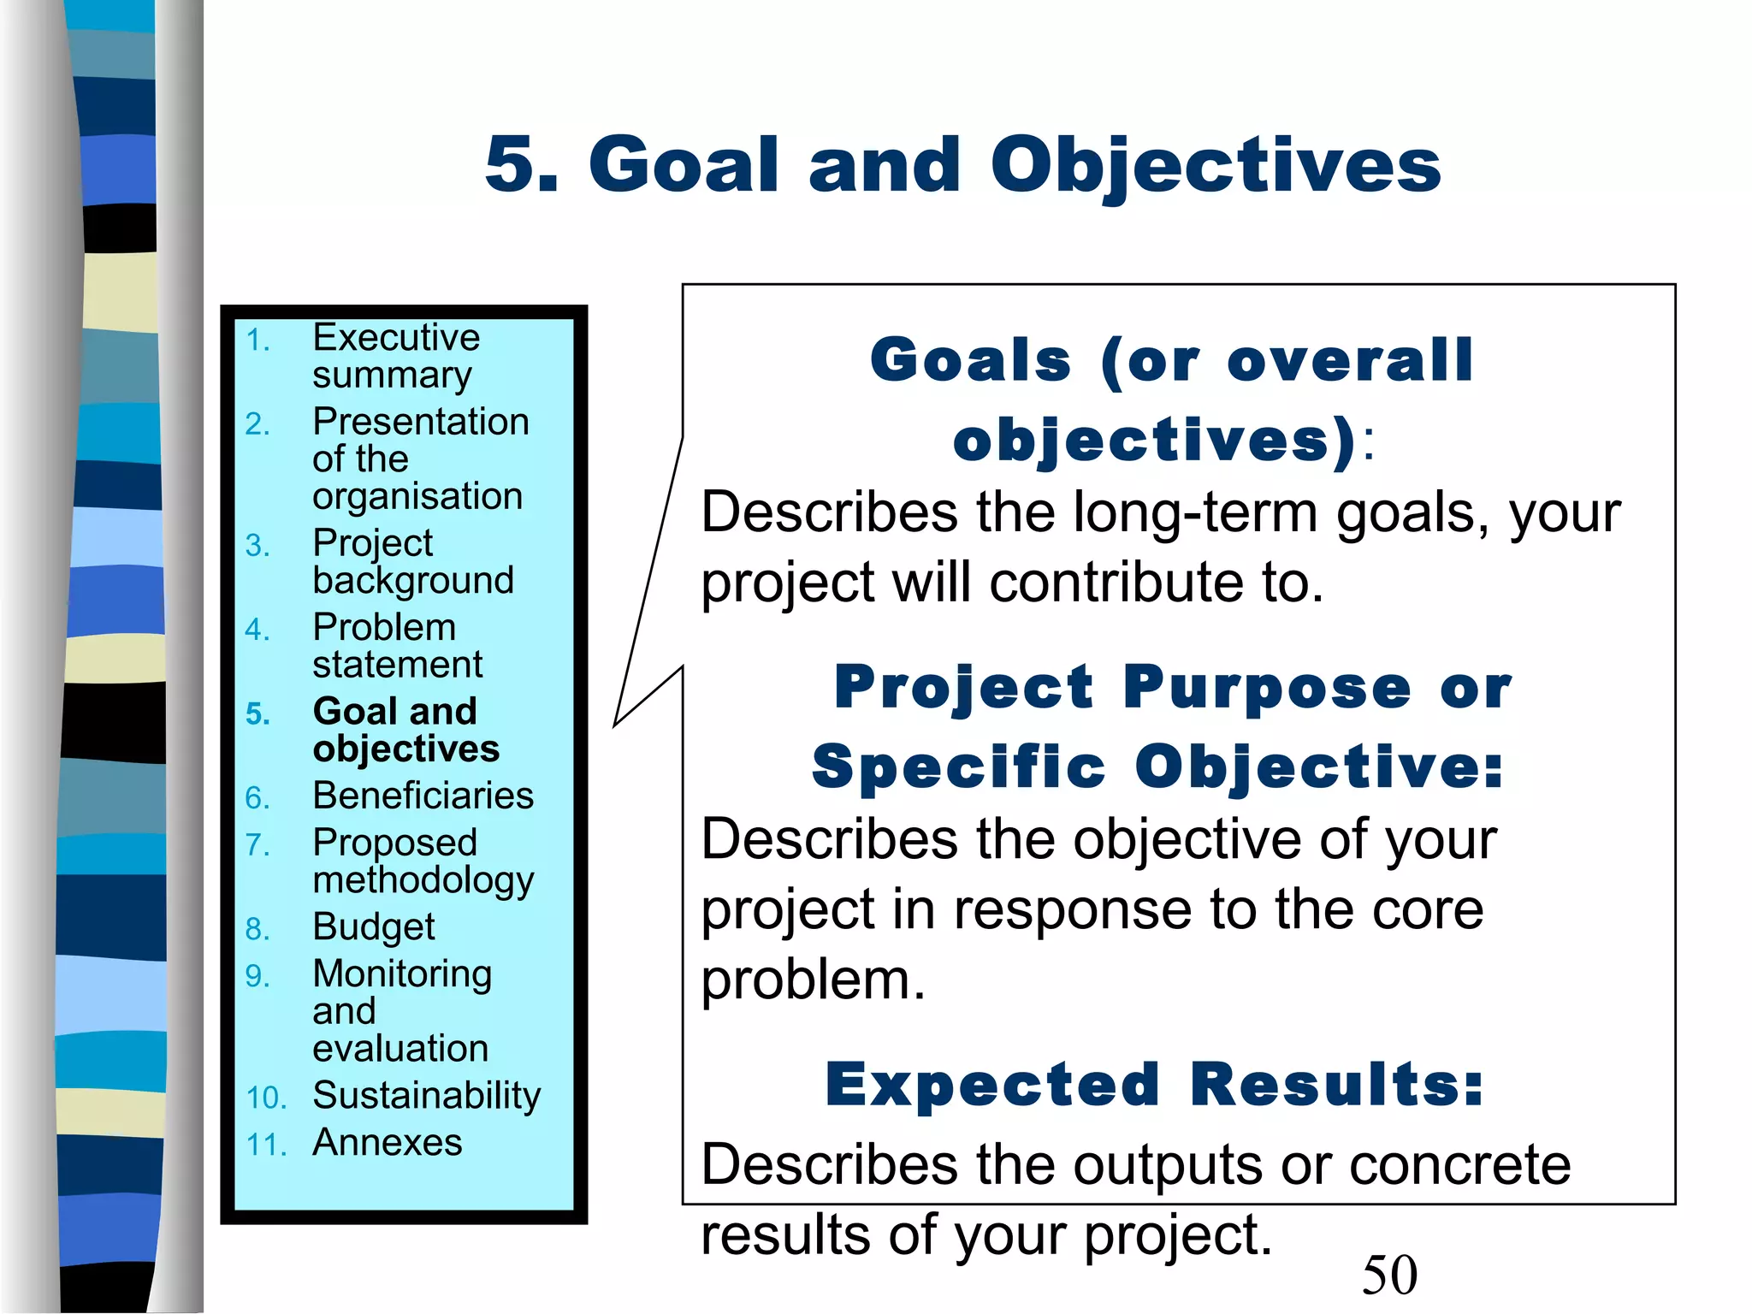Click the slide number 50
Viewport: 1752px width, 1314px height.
click(x=1389, y=1275)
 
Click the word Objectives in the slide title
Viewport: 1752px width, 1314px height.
click(x=1216, y=165)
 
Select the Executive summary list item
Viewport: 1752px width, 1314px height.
click(x=395, y=356)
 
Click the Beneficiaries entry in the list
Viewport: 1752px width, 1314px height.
click(x=423, y=796)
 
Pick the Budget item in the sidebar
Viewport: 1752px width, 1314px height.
click(x=374, y=927)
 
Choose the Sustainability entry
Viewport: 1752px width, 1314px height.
click(x=426, y=1096)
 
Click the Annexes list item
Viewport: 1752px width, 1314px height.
click(x=387, y=1143)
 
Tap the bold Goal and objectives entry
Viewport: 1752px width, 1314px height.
click(x=405, y=730)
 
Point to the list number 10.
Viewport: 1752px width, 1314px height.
click(x=265, y=1098)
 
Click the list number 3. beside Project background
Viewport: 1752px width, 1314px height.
click(x=257, y=546)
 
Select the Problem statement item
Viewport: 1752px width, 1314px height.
click(x=397, y=646)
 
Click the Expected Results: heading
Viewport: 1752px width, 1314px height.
click(x=1155, y=1085)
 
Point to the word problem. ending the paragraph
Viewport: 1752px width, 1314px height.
click(x=813, y=980)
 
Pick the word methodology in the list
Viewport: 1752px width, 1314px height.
click(x=423, y=881)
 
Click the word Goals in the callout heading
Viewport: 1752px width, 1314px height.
click(x=970, y=360)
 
